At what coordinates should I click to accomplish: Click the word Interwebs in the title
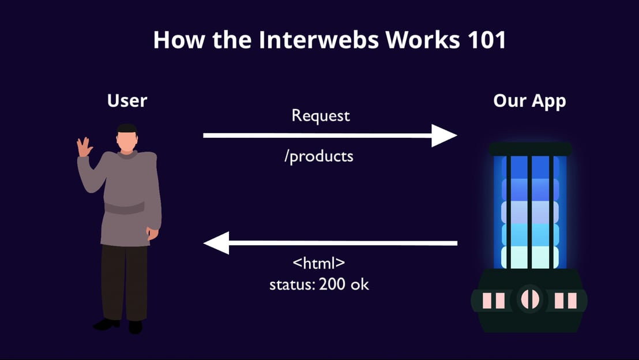point(318,40)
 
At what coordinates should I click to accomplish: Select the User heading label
point(127,100)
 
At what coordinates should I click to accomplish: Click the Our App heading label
point(529,101)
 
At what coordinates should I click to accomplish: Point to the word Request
point(321,116)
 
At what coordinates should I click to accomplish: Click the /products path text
point(319,156)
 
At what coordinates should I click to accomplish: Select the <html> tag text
point(319,262)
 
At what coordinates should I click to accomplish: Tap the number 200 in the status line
point(332,284)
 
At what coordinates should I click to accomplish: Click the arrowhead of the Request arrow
point(444,136)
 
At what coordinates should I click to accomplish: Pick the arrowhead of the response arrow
point(216,243)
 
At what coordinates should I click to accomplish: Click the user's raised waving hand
point(84,147)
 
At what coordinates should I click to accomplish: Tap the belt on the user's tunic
point(125,208)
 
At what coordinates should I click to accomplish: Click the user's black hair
point(127,129)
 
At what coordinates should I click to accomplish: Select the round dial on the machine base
point(530,299)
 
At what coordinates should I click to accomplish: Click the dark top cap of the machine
point(530,149)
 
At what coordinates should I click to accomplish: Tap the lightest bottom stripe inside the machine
point(530,257)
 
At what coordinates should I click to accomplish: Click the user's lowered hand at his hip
point(152,233)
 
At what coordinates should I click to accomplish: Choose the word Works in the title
point(423,40)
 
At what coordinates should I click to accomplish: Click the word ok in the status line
point(360,284)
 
